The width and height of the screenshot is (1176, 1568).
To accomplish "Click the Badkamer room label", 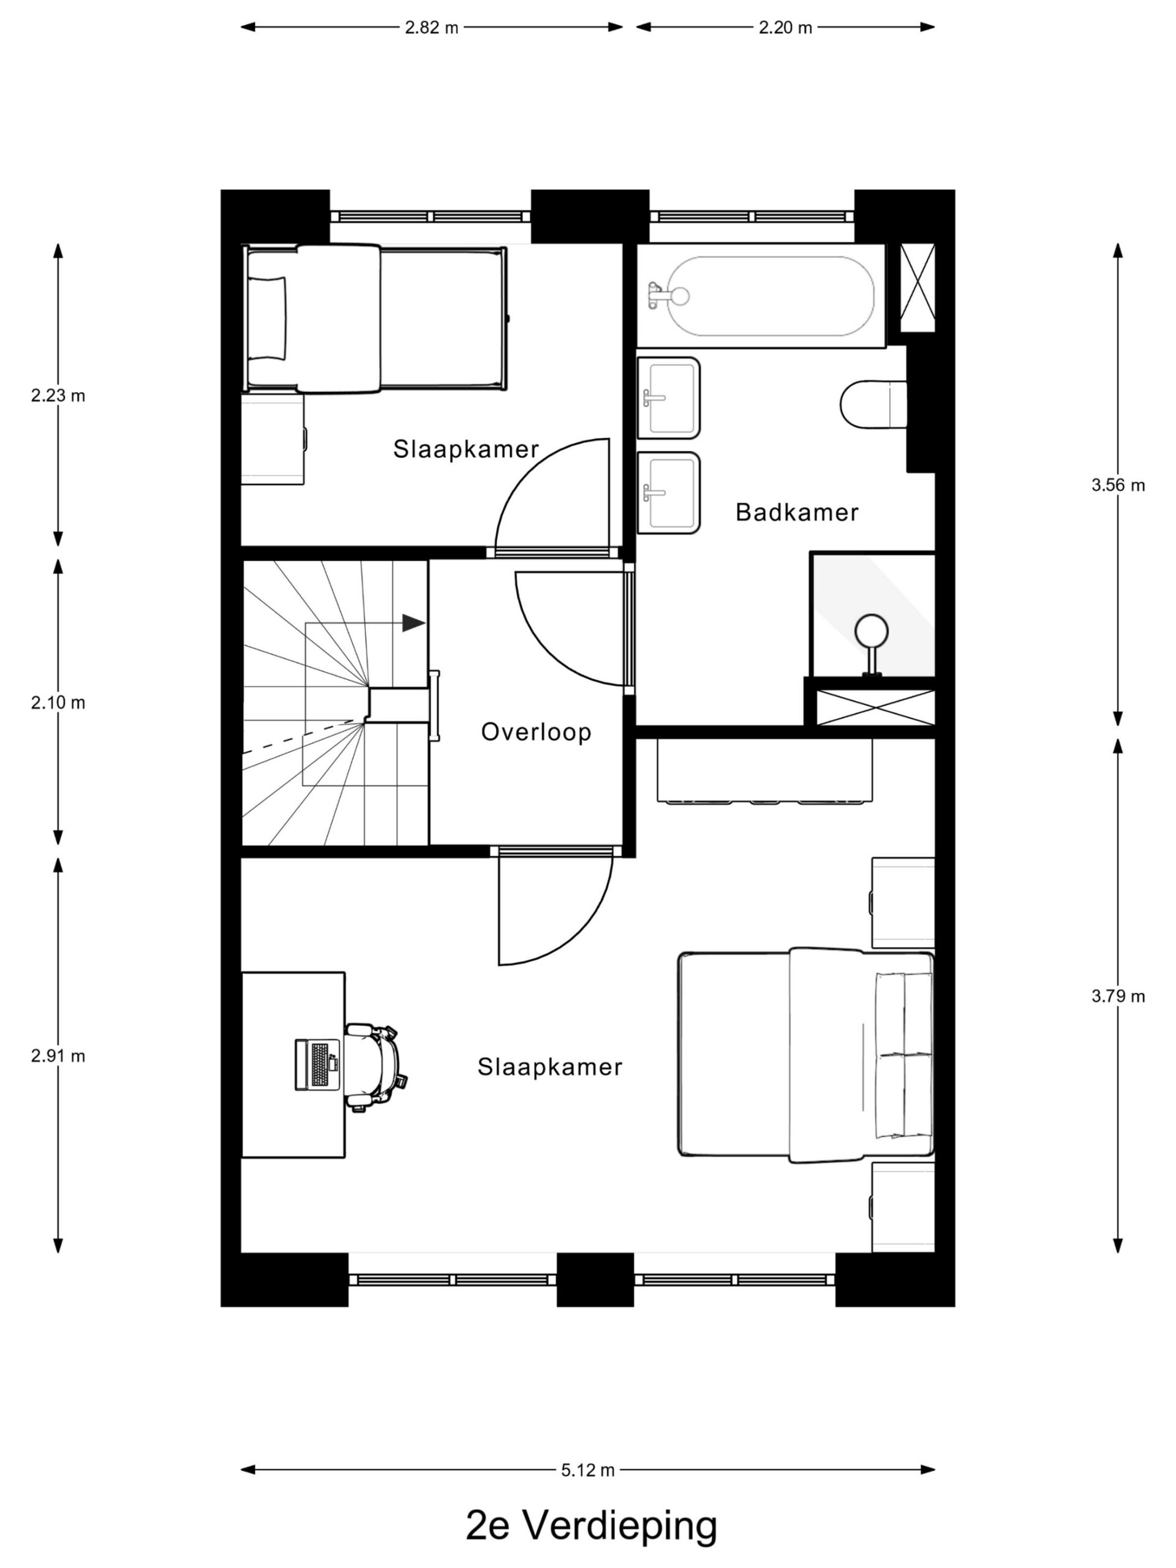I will point(796,512).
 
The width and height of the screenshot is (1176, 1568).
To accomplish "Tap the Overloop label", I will point(536,731).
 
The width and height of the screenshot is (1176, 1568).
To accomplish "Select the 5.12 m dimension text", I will point(587,1470).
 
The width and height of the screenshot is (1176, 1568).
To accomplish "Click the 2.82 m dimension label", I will point(432,28).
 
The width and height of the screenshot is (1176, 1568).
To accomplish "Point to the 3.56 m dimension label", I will point(1118,485).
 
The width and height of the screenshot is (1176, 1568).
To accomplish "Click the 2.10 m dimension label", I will point(58,703).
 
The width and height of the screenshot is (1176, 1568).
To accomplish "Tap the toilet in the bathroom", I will point(873,405).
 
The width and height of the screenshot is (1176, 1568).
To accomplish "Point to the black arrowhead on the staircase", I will point(413,622).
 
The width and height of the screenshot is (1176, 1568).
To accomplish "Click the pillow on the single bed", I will point(268,317).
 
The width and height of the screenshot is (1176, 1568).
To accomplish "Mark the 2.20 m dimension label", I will point(785,28).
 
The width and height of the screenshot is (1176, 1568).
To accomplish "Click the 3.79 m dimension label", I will point(1118,996).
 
